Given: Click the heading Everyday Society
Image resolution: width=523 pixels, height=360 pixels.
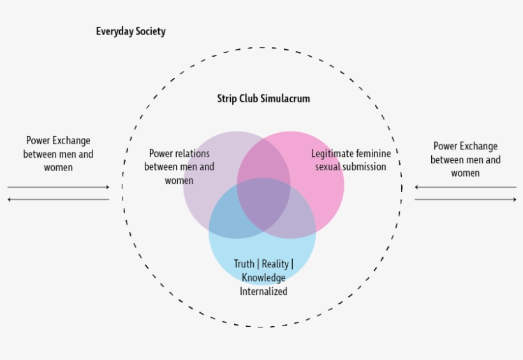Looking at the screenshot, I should pos(131,31).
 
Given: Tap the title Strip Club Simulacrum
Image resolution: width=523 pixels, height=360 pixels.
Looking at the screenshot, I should pos(263,99).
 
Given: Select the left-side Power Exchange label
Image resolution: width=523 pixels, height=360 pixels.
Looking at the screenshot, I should pos(58,154).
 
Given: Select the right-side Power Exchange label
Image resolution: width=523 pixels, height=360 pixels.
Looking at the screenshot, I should pos(465,160).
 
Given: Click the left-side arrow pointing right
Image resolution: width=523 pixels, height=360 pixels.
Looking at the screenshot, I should pos(59,188).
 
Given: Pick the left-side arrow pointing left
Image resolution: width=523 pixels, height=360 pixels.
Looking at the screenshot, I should pos(59,200).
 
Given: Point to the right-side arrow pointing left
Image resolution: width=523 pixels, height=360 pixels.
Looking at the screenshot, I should pos(465,188).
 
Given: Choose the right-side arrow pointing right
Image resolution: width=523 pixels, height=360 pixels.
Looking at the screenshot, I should pos(465,200).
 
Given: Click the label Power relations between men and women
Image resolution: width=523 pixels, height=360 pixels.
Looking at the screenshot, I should pos(179,167).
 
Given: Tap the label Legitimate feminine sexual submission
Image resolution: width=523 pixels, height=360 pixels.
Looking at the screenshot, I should pos(351,160).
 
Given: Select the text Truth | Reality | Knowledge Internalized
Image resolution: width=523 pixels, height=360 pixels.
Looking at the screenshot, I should pos(263,278).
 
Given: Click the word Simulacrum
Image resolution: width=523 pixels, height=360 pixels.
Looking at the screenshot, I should pos(285,99).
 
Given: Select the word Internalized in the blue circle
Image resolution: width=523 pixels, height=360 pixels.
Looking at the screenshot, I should pos(263,292).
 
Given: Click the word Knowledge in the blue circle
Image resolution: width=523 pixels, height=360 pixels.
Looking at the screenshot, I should pos(263,278).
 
